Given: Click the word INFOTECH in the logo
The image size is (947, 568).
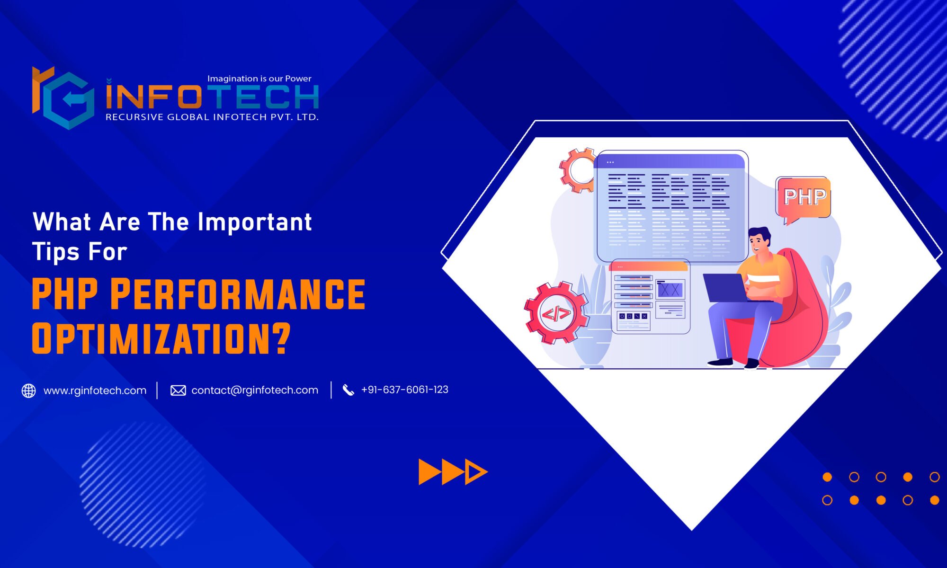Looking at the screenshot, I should click(212, 97).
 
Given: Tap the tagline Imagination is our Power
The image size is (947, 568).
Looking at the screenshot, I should click(259, 79).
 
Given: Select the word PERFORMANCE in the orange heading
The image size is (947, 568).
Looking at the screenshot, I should click(238, 294).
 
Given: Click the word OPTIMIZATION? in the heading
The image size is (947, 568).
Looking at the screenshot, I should click(161, 338).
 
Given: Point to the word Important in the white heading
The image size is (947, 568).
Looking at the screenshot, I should click(255, 222).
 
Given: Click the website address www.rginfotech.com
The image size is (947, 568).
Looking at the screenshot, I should click(95, 390).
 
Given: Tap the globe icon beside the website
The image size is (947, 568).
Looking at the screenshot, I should click(29, 390).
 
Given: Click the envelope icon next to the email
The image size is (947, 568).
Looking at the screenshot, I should click(178, 390).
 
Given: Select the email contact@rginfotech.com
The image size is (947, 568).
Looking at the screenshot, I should click(255, 390).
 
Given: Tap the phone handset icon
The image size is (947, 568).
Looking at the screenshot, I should click(348, 390).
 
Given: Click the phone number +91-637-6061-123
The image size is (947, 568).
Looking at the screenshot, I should click(404, 390).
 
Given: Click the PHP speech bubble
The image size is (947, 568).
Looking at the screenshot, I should click(804, 197).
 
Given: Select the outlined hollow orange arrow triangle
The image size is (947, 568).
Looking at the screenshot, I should click(474, 472).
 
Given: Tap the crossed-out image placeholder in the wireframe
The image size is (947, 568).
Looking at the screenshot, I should click(670, 290).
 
